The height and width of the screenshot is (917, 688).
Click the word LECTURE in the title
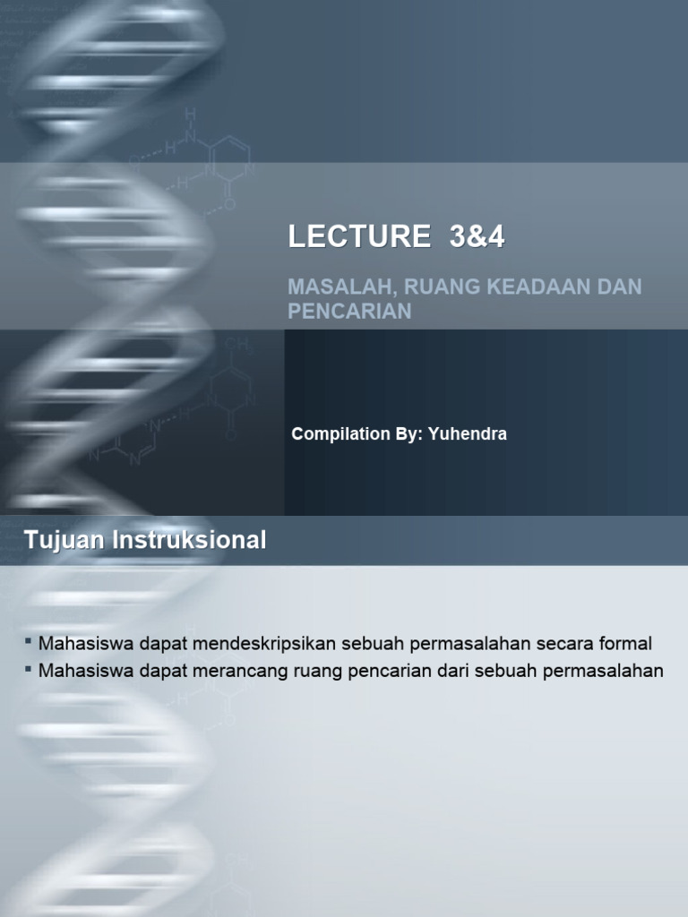pyautogui.click(x=358, y=236)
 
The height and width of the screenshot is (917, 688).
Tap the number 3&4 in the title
pyautogui.click(x=478, y=236)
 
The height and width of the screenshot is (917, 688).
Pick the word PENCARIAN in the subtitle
pyautogui.click(x=349, y=311)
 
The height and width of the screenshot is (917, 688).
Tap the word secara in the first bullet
pyautogui.click(x=567, y=643)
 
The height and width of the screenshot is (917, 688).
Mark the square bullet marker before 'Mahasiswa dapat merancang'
pyautogui.click(x=29, y=669)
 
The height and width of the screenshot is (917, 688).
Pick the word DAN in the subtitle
pyautogui.click(x=624, y=288)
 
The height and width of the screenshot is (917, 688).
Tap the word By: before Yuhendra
pyautogui.click(x=402, y=434)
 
